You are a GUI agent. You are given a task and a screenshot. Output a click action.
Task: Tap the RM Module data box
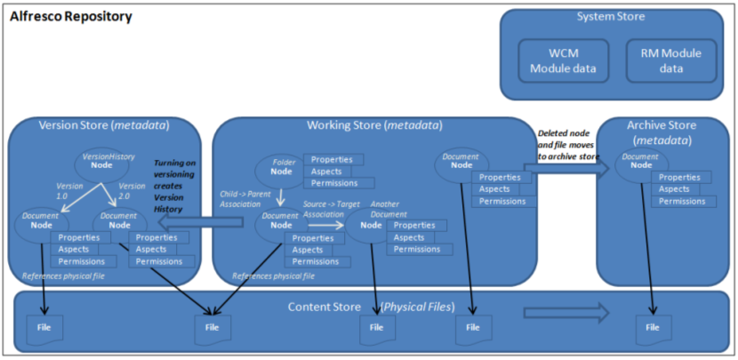(670, 60)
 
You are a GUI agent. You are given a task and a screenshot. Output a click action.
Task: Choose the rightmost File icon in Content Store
(654, 328)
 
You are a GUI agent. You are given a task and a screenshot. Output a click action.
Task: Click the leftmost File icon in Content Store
(43, 328)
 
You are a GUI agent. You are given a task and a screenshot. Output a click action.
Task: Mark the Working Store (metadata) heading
(373, 125)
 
